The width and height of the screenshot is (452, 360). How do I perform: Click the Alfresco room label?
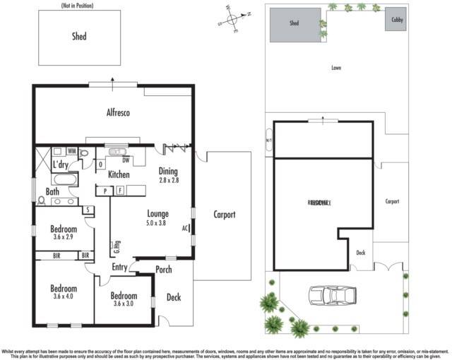tap(118, 112)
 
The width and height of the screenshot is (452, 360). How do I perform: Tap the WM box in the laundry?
tap(72, 151)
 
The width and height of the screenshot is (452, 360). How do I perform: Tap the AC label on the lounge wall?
tap(185, 229)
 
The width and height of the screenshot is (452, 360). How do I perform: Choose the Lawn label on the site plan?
tap(336, 68)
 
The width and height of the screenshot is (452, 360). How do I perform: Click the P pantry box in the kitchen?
tap(105, 190)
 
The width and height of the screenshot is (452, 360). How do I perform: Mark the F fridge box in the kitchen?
tap(119, 190)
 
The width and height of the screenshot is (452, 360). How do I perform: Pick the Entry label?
tap(119, 267)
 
